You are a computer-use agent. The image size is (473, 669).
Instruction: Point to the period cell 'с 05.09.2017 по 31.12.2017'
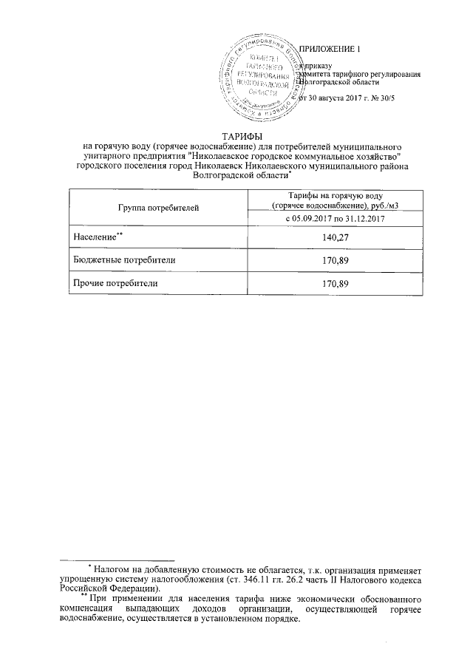tap(335, 220)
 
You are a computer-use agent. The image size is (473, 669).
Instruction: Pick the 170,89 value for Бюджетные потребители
tap(335, 260)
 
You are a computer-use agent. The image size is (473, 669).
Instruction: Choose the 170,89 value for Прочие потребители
tap(335, 284)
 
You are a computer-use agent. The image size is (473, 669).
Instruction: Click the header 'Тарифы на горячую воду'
tap(335, 194)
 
